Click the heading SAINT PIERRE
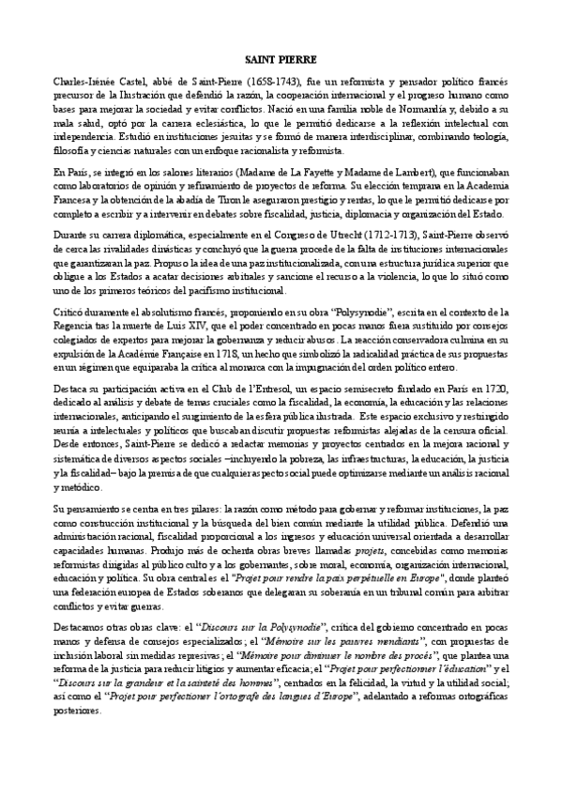(281, 57)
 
